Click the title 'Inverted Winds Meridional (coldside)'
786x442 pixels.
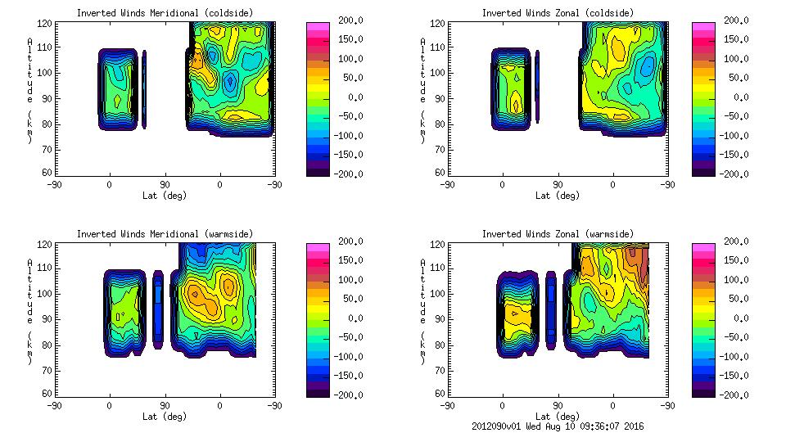(165, 13)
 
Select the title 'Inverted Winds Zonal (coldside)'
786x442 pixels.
(558, 13)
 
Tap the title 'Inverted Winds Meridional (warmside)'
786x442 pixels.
(165, 234)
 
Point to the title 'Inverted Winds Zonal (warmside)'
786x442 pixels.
(558, 234)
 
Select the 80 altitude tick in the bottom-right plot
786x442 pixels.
(440, 345)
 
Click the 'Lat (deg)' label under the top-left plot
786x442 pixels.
(165, 196)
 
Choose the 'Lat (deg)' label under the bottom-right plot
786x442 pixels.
(558, 417)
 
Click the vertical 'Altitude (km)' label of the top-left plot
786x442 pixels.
(29, 90)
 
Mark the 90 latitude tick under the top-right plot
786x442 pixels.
(558, 185)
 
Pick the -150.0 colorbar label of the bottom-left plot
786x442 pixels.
(350, 376)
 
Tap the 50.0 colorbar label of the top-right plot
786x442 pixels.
(740, 78)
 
